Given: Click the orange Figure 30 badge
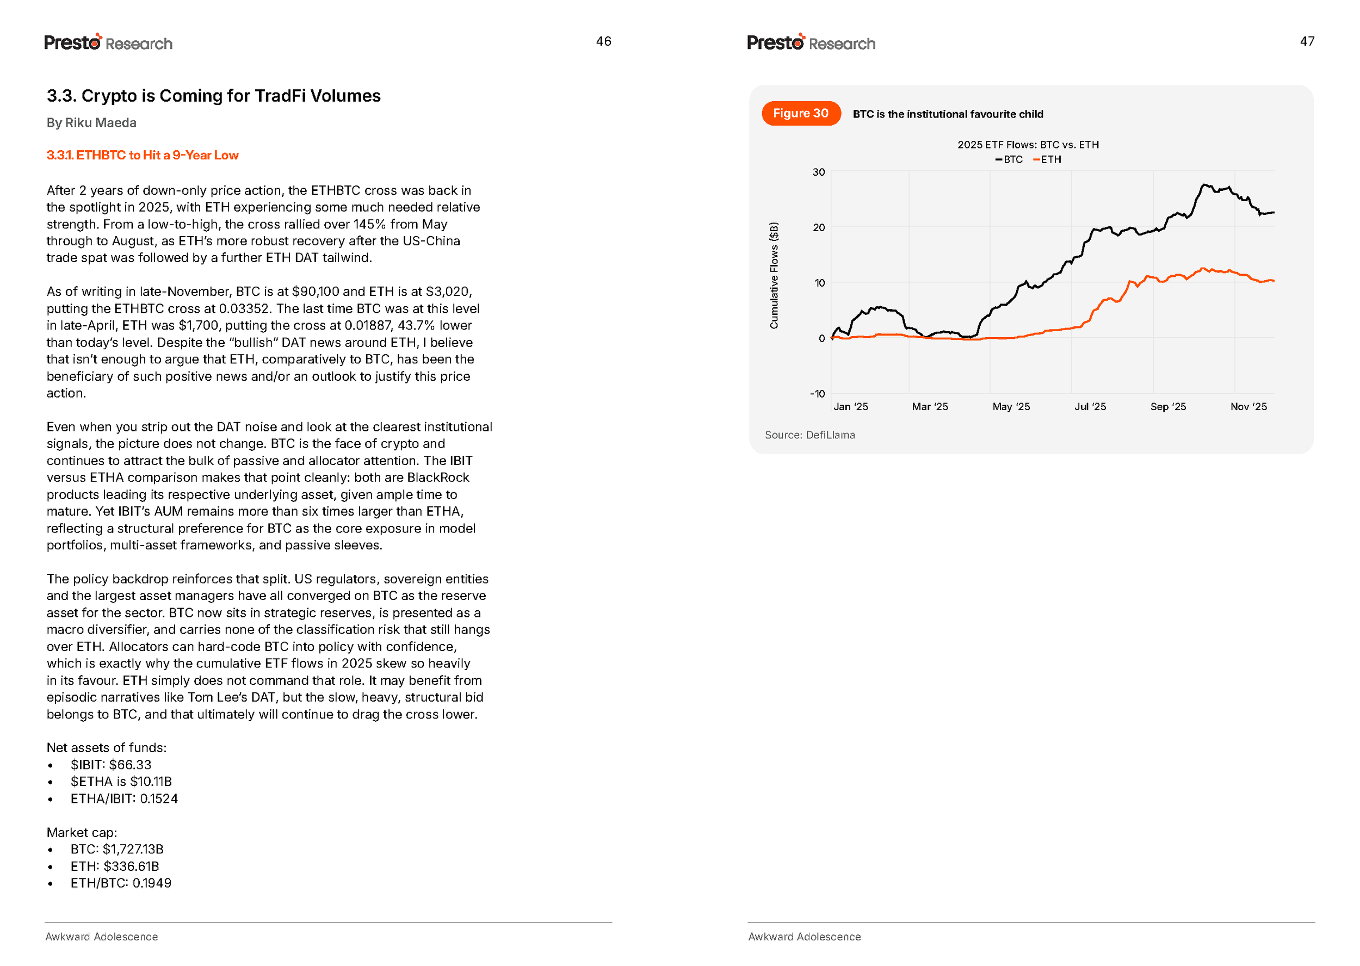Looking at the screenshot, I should pos(801,114).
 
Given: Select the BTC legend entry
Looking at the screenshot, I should pos(1009,159).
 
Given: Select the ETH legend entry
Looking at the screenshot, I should pos(1048,159).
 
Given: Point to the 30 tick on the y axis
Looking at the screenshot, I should pos(819,172).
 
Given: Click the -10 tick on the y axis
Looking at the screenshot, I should pos(818,394).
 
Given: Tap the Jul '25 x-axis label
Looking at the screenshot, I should pos(1090,407).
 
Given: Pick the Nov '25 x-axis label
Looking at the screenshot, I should pos(1248,407).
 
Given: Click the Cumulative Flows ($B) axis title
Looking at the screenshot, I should pos(774,275).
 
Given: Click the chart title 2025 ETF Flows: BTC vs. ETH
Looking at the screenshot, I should pos(1028,145).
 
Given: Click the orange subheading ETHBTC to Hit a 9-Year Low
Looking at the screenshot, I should pos(143,155).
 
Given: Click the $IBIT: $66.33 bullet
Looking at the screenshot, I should pos(110,765).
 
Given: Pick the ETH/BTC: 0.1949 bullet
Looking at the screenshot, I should pos(121,883).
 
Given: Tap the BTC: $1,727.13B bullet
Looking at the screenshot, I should pos(116,850).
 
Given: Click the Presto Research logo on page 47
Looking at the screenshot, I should pos(811,43).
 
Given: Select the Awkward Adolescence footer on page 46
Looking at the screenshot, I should pos(102,937).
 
